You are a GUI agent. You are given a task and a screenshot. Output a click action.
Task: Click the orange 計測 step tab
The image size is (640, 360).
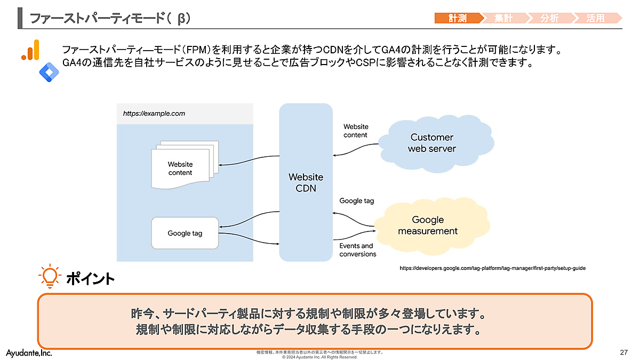(x=458, y=18)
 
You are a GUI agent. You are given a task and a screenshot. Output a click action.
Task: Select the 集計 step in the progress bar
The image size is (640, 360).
(x=503, y=18)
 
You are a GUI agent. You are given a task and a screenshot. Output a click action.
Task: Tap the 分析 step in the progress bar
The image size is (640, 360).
(x=549, y=18)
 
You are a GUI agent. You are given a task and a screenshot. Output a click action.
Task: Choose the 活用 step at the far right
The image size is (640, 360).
(x=596, y=18)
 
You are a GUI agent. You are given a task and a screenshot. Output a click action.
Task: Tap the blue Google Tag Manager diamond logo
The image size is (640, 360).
(x=49, y=71)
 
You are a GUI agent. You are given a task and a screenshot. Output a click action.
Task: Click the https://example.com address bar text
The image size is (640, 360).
(x=154, y=114)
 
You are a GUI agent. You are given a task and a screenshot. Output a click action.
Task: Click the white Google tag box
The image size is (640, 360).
(x=185, y=233)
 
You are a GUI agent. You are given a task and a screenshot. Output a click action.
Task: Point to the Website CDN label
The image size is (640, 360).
(x=306, y=182)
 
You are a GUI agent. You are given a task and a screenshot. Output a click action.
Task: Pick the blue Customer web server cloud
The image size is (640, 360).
(x=431, y=143)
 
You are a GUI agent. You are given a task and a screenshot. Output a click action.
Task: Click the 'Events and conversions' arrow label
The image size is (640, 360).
(x=357, y=250)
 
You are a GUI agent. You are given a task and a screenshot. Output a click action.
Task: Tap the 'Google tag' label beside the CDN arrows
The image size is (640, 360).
(x=357, y=201)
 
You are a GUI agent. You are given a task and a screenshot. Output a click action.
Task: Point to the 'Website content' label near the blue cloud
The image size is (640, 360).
(x=356, y=131)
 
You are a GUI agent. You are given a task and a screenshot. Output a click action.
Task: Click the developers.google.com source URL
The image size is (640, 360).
(x=492, y=268)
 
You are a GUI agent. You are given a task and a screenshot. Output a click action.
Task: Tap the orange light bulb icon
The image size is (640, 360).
(x=49, y=276)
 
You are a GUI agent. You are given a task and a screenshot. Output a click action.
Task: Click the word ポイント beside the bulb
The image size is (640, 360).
(x=90, y=278)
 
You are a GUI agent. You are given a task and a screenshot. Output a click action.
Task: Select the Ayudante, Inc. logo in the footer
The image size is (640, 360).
(x=29, y=353)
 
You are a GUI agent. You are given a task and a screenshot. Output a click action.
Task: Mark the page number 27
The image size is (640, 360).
(x=623, y=353)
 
